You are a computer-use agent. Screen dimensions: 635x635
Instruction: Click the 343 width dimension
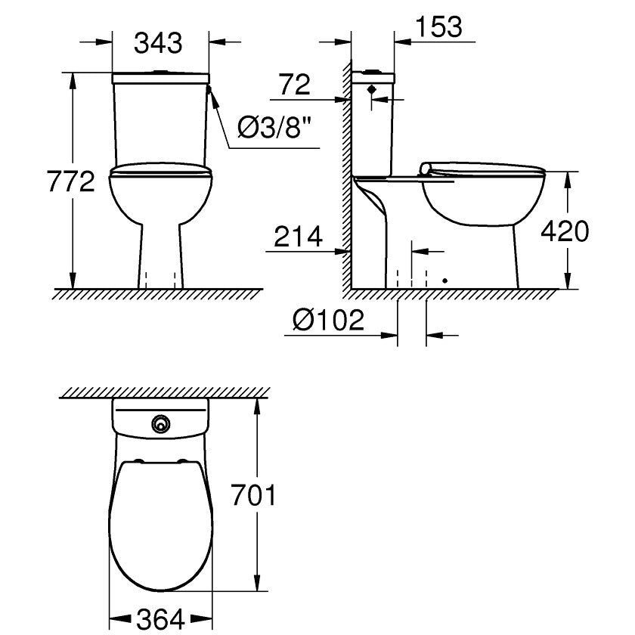[x=159, y=44]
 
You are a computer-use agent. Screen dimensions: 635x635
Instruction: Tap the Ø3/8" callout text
[x=275, y=128]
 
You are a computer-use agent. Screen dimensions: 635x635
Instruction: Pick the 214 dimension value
[x=298, y=237]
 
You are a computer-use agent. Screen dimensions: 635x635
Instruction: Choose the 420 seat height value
[x=564, y=231]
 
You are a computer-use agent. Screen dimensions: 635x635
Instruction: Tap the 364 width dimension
[x=160, y=620]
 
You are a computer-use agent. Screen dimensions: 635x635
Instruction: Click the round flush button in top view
[x=160, y=425]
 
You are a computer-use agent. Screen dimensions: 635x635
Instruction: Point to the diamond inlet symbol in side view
[x=371, y=88]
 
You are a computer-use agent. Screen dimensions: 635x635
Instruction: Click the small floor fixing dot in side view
[x=444, y=280]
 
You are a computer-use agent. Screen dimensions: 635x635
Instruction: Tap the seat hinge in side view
[x=427, y=169]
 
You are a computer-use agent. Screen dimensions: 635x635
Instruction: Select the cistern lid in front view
[x=160, y=77]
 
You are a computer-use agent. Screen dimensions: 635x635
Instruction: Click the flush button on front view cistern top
[x=160, y=73]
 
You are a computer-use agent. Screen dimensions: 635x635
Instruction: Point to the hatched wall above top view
[x=165, y=393]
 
